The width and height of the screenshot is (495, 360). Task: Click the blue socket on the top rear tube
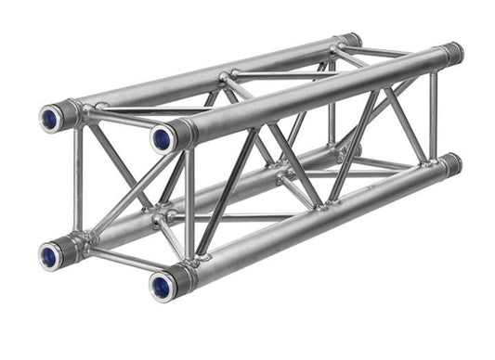[x=49, y=118]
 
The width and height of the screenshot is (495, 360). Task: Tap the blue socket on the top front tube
[x=163, y=139]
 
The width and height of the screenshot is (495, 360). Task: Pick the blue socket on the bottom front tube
[x=162, y=284]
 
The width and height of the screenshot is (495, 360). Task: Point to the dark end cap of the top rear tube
[x=351, y=40]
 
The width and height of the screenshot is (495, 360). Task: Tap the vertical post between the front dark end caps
[x=433, y=111]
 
